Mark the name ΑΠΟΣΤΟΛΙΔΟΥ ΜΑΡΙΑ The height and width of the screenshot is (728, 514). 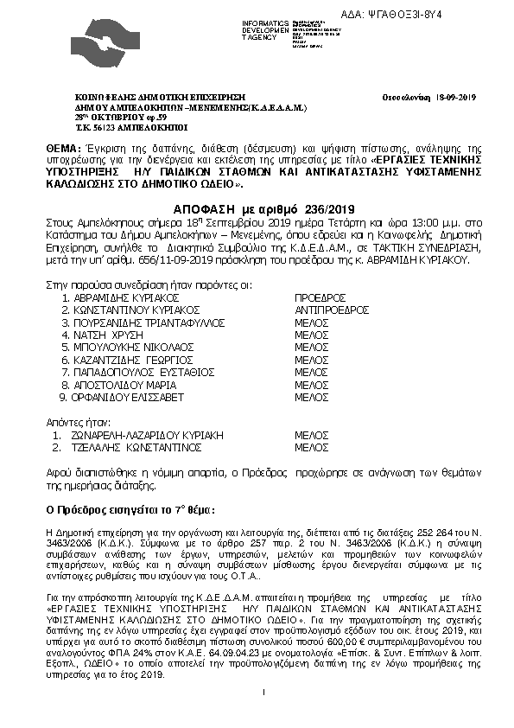[x=126, y=384]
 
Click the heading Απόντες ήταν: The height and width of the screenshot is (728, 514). [x=74, y=422]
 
